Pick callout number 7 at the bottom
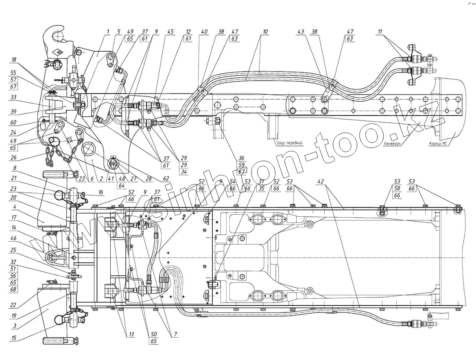coord(175,335)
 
